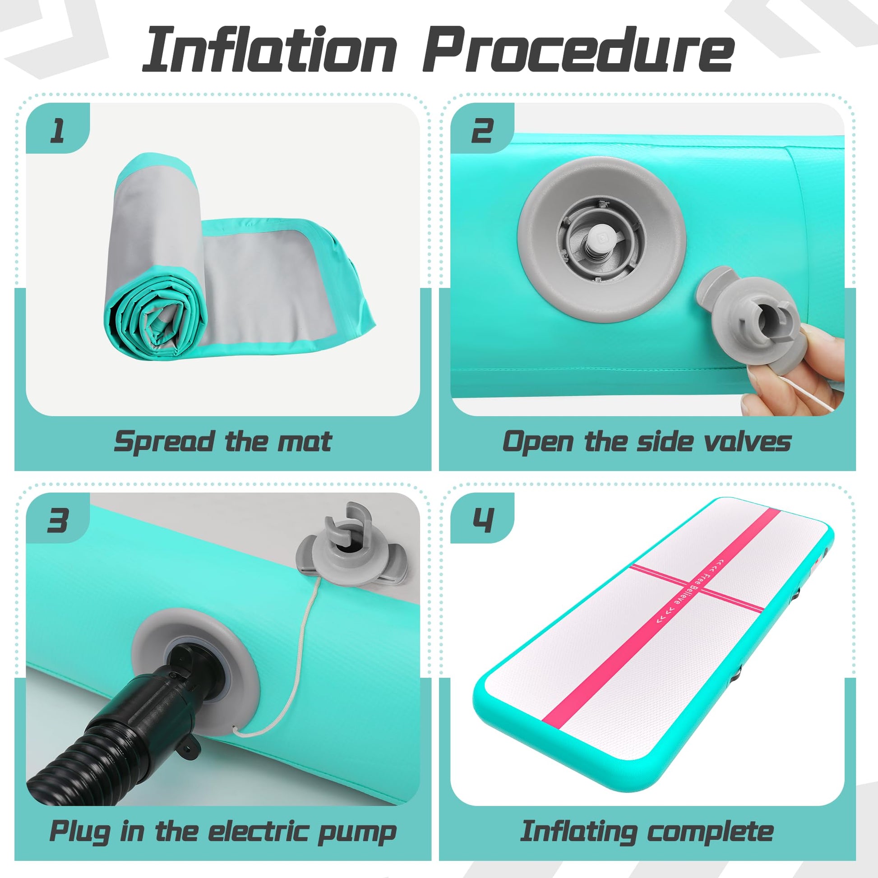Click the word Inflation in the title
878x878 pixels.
[269, 50]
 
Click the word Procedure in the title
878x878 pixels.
[578, 50]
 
